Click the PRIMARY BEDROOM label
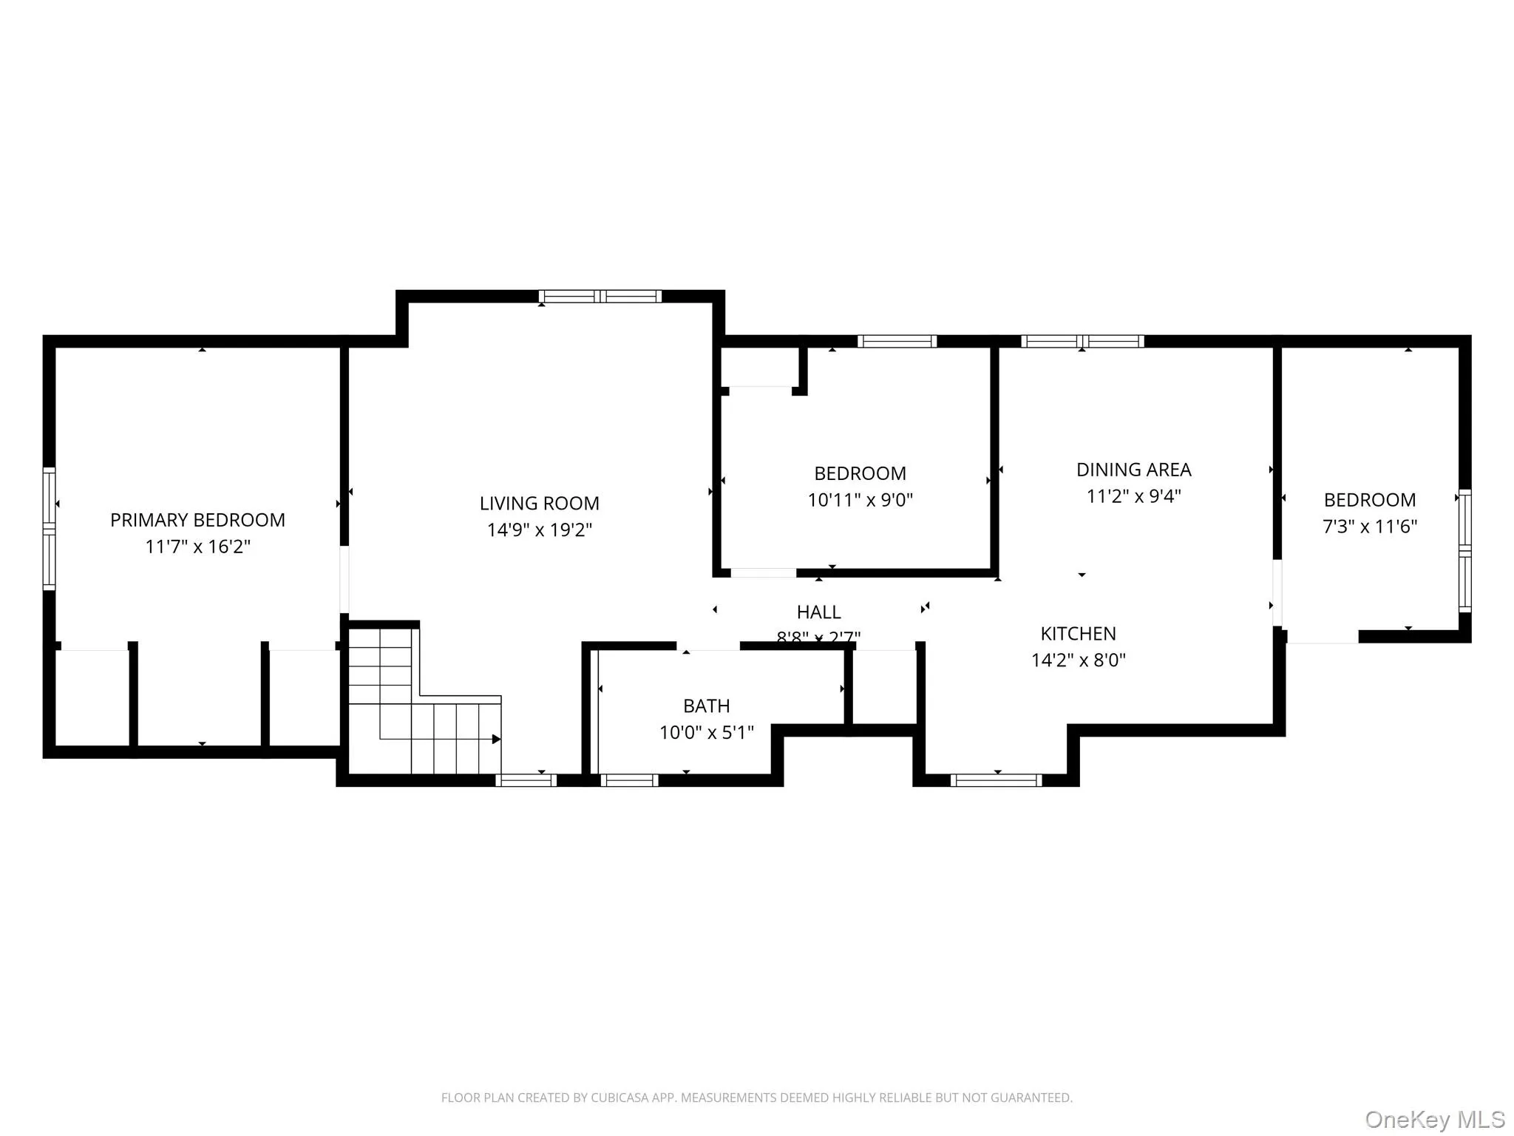197,520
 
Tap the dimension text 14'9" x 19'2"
539,530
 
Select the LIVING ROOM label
539,503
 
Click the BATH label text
706,706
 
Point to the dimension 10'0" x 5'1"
706,732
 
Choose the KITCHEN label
1078,633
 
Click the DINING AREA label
1133,470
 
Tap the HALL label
818,612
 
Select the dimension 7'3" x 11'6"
1369,527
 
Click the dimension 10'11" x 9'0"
860,500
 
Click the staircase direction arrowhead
496,739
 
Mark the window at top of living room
600,297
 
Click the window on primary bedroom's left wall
49,528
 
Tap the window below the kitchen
996,780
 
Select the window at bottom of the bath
629,780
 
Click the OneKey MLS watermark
1434,1120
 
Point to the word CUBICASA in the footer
619,1098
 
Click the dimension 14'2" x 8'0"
1078,660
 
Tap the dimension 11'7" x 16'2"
197,547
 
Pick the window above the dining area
1082,341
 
